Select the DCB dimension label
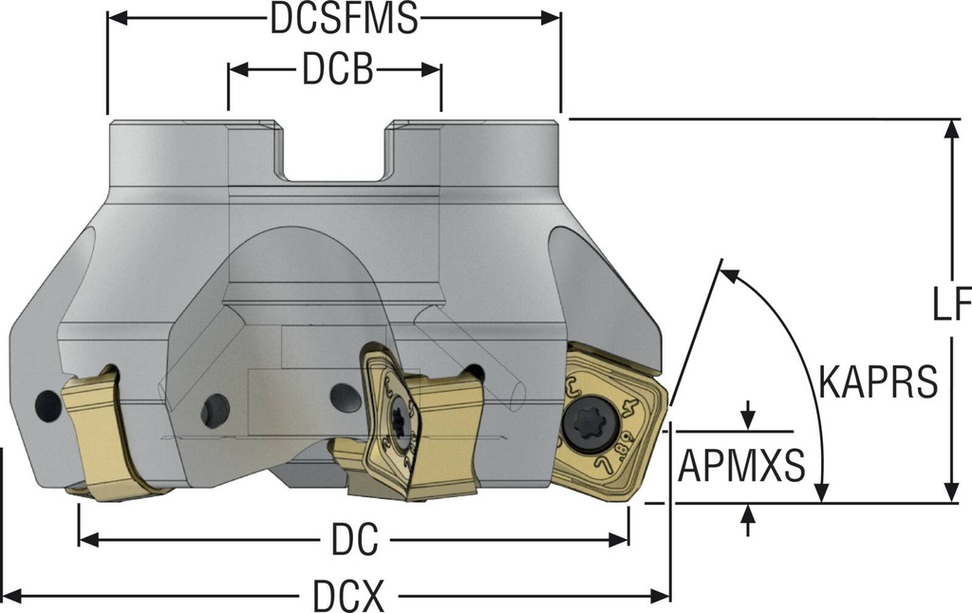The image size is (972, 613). tap(337, 71)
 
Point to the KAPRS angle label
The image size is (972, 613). tap(876, 382)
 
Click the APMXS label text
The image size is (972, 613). tap(741, 466)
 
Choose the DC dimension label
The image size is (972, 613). tap(354, 541)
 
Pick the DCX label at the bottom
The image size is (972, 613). tap(348, 597)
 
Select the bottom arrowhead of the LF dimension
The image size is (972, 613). tap(950, 492)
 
